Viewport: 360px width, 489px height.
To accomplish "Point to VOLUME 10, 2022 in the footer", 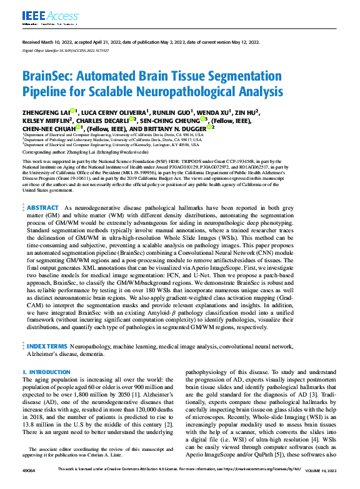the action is (320, 483).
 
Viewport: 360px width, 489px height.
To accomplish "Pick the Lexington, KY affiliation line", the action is (112, 145).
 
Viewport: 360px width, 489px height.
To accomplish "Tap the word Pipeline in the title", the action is (47, 93).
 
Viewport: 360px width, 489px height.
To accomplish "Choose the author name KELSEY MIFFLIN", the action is (46, 120).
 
